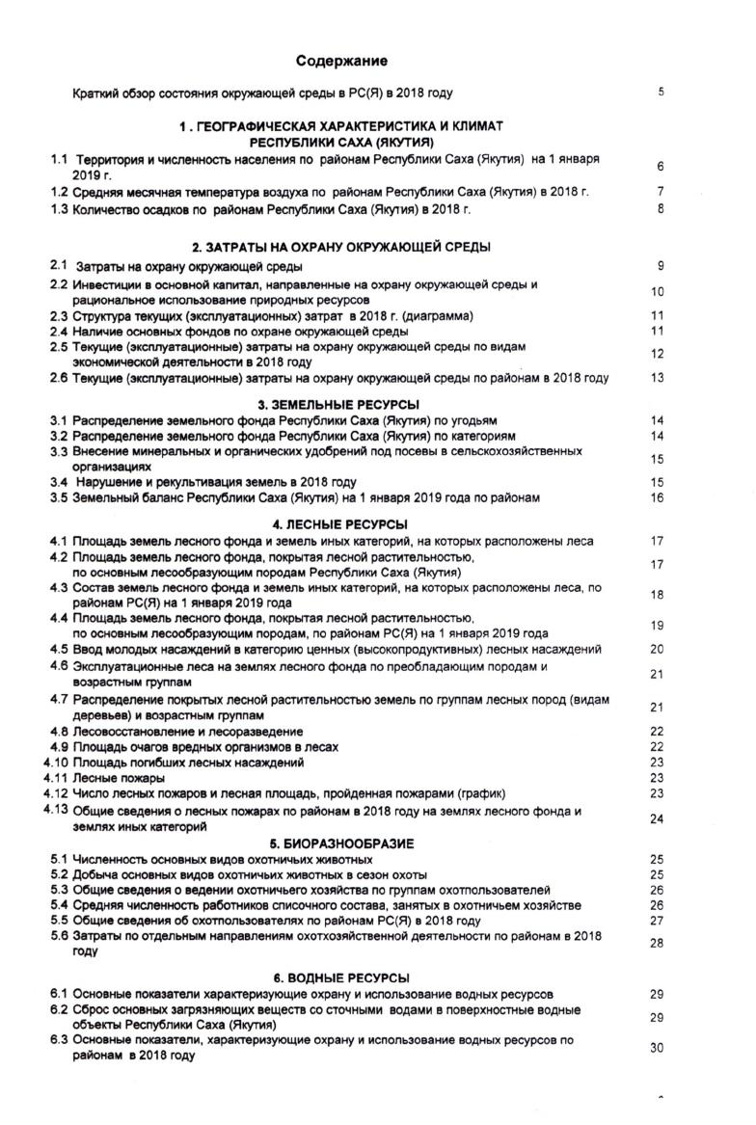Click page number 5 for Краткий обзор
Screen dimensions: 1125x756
661,93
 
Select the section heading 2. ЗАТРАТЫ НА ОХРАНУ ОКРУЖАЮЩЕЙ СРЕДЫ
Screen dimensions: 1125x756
341,247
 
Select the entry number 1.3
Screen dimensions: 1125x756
59,208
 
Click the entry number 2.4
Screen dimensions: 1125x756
59,332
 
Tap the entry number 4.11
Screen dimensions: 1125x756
55,777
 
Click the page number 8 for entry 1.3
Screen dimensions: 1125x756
661,208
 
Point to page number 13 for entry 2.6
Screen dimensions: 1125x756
659,378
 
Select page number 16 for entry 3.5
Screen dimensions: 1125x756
659,497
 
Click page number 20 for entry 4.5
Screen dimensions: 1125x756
658,650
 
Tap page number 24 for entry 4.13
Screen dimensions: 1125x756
658,819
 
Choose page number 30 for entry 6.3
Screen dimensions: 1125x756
658,1049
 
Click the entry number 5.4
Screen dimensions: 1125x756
59,905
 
